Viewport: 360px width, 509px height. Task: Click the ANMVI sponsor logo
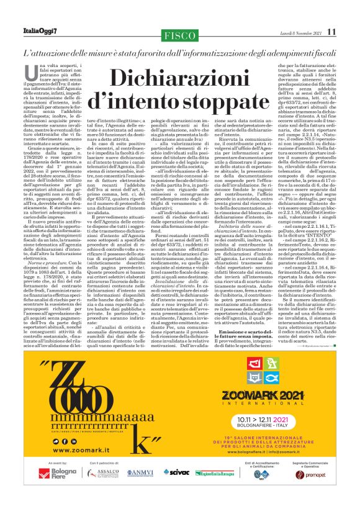coord(138,490)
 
